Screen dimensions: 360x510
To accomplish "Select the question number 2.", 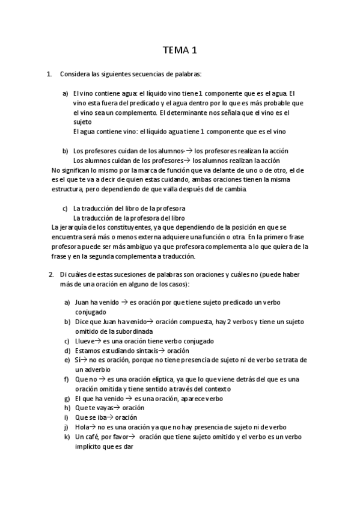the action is click(51, 274).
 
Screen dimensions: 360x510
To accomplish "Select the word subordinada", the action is click(132, 331).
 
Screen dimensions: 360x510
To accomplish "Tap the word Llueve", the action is click(84, 341).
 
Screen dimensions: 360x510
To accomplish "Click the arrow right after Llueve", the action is click(99, 341).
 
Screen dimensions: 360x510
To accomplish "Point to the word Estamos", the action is click(87, 351).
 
